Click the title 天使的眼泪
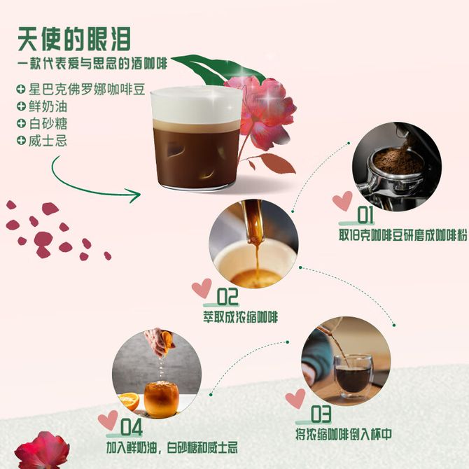74,39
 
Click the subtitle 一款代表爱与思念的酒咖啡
92,64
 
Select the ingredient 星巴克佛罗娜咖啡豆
87,90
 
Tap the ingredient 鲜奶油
48,107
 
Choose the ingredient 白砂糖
48,124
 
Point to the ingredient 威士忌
48,141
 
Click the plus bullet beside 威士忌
21,140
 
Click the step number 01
365,214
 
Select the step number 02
227,296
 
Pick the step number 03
321,414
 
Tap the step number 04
132,427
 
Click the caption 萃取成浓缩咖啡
241,317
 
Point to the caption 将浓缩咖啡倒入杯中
344,434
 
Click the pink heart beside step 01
342,201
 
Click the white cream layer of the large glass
196,105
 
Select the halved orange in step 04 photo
129,401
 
